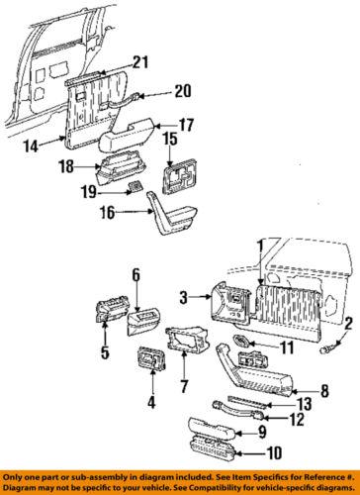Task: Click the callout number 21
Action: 140,62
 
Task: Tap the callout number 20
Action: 183,91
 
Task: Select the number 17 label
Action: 186,125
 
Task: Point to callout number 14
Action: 31,146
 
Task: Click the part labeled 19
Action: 135,187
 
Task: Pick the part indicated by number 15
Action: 179,179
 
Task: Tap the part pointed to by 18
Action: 121,169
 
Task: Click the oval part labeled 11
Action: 241,342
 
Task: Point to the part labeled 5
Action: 110,308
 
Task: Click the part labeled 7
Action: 187,339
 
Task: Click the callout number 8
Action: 325,391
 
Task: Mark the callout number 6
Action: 136,274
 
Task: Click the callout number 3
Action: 184,297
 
